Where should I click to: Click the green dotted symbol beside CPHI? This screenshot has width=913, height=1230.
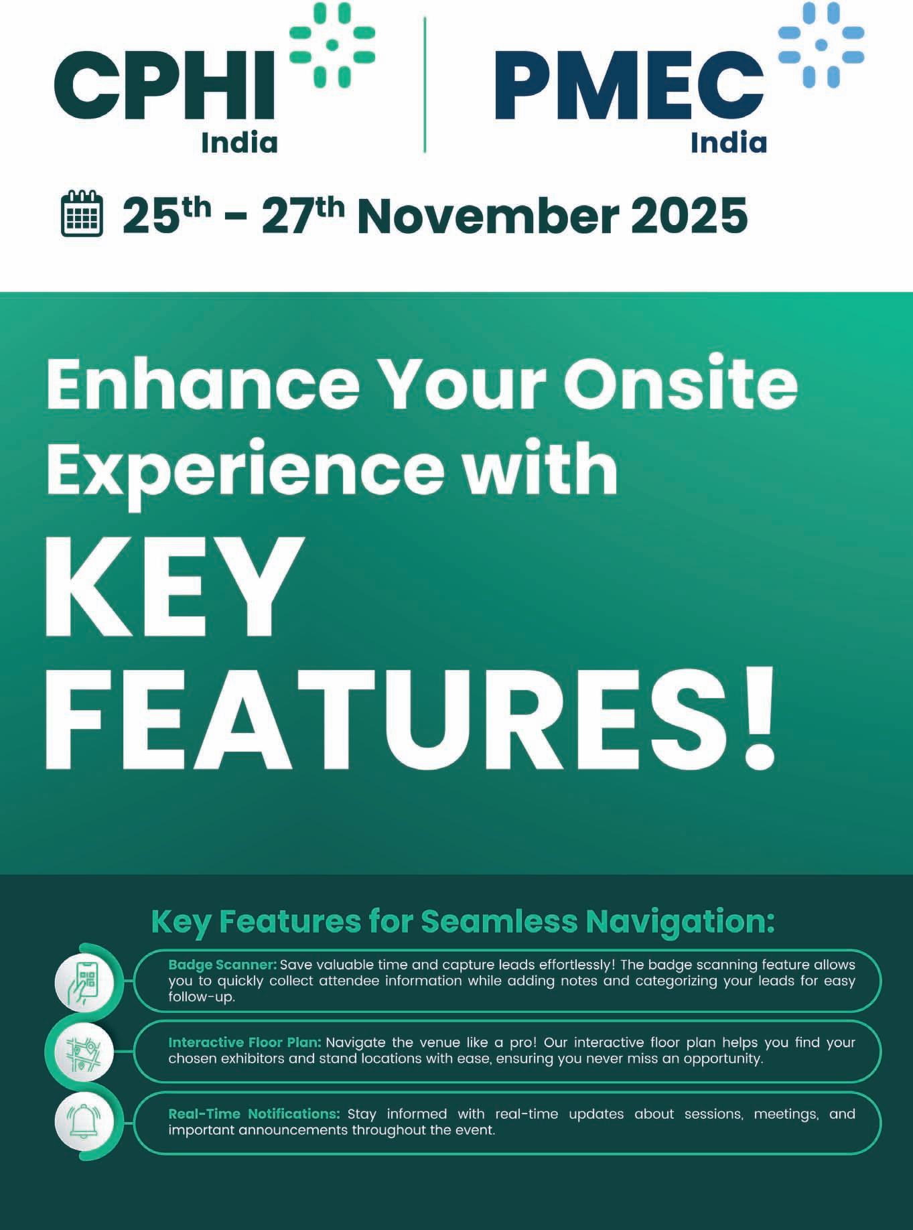332,44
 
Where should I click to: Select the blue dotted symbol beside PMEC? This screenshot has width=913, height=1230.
821,44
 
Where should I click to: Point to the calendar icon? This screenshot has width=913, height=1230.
82,214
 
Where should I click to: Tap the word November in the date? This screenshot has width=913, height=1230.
486,216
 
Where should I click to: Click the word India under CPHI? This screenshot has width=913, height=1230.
240,142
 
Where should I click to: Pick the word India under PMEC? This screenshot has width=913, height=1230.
729,142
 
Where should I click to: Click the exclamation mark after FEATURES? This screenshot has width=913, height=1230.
759,716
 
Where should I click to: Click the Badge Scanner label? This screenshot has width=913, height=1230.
222,965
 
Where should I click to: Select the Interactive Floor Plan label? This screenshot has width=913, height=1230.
245,1042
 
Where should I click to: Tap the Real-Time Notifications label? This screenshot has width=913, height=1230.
255,1113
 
